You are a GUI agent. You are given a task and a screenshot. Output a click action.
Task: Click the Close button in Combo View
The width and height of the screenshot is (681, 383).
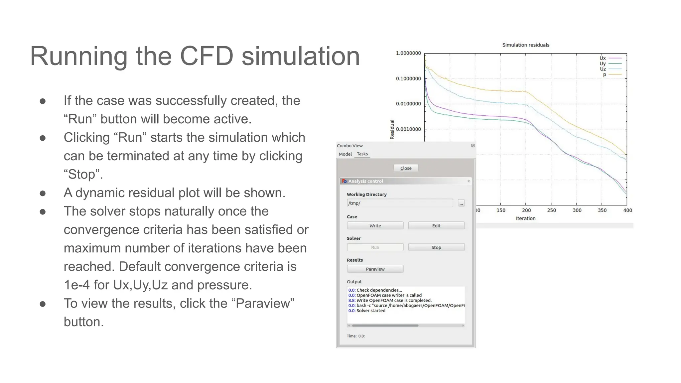tap(406, 168)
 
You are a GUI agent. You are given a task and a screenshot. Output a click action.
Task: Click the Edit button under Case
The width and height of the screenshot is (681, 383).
tap(436, 226)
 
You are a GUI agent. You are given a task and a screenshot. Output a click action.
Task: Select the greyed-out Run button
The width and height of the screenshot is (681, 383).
tap(375, 247)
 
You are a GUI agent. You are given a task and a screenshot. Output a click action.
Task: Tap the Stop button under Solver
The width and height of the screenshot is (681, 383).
tap(436, 247)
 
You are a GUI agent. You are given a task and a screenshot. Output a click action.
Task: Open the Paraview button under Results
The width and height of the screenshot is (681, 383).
tap(375, 269)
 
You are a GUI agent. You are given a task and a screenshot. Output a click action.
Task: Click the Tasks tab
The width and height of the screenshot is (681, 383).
tap(362, 154)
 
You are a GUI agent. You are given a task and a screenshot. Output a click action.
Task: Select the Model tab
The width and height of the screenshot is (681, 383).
tap(345, 154)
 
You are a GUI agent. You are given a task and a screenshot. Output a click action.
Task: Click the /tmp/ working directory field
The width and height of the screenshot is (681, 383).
tap(399, 203)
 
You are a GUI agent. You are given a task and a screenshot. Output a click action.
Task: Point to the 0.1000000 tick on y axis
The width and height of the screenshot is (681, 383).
tap(408, 79)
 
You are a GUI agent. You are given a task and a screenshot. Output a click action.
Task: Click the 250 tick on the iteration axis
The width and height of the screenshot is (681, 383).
tap(551, 210)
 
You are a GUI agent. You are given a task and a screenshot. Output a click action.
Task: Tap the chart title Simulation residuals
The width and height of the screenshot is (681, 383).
tap(525, 45)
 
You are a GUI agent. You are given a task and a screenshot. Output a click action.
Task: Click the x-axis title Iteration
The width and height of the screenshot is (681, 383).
tap(525, 218)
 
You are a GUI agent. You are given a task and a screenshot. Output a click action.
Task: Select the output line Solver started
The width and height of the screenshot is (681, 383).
tap(370, 311)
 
